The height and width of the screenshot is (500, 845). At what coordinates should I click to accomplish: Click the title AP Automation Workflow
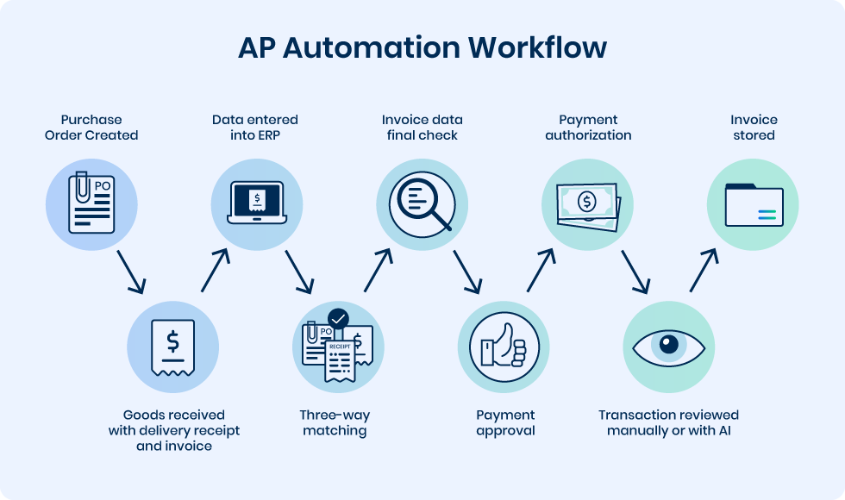(422, 48)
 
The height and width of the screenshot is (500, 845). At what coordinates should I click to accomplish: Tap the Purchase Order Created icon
(91, 204)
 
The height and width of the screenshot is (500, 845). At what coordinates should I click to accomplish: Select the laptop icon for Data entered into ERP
(256, 204)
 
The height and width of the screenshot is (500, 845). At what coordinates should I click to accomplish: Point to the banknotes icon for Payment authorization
(587, 204)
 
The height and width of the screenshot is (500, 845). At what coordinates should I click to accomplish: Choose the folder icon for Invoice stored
(753, 204)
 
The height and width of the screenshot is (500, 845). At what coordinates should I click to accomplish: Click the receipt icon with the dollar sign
(172, 346)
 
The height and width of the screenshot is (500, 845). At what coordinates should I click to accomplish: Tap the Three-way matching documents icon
(338, 346)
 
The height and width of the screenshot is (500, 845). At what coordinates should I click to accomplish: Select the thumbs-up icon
(504, 346)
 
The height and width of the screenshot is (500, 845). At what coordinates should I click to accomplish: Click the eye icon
(669, 346)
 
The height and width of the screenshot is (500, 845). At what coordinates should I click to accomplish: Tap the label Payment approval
(505, 422)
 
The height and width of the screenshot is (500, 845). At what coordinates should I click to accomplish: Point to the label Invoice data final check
(421, 128)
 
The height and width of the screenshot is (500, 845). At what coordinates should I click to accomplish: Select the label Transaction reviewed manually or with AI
(668, 422)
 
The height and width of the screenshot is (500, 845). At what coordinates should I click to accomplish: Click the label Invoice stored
(754, 128)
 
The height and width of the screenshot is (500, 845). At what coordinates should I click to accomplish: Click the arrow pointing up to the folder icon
(704, 271)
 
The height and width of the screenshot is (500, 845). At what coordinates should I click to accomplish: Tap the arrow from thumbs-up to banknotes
(541, 271)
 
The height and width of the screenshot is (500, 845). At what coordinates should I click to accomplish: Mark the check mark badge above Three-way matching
(339, 318)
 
